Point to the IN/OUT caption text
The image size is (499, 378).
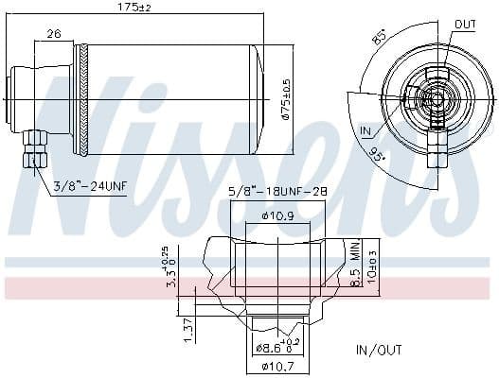[379, 350]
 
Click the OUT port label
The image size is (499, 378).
[465, 24]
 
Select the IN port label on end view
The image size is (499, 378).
[366, 129]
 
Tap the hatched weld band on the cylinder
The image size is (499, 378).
[86, 99]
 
